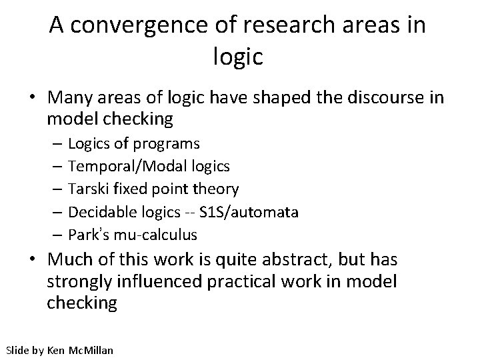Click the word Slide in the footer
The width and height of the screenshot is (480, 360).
point(17,349)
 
